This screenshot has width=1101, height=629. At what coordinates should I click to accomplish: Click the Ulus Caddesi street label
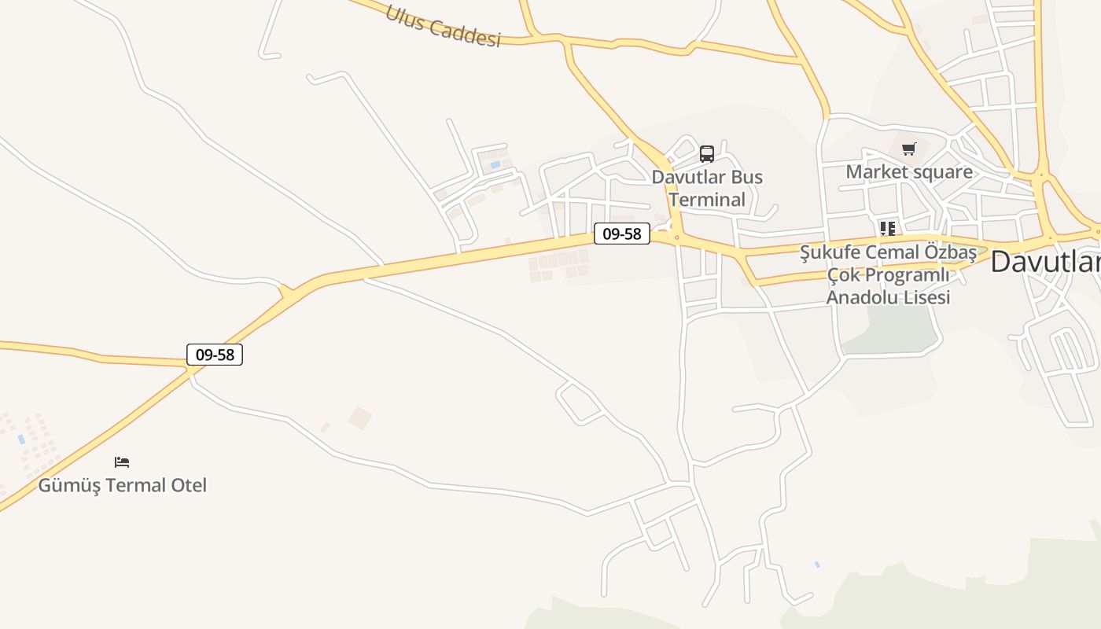click(443, 27)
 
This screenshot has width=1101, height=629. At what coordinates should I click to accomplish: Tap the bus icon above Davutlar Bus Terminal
click(707, 153)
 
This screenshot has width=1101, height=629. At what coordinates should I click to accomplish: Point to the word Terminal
click(707, 200)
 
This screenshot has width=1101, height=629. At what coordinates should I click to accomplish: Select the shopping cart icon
click(909, 149)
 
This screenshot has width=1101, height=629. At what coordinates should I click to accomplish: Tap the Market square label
click(909, 171)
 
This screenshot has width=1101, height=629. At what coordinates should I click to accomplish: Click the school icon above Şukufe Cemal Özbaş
click(888, 229)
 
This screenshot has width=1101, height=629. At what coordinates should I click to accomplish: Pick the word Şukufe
click(830, 252)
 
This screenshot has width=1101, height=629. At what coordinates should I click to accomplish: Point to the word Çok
click(842, 275)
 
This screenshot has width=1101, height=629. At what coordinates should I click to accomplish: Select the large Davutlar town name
click(1044, 262)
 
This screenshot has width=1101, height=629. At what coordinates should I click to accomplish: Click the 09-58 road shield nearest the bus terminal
click(621, 234)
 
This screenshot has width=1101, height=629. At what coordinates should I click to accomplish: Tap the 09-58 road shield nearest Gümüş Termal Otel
click(215, 355)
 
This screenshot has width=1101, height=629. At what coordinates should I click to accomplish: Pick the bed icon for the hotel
click(122, 462)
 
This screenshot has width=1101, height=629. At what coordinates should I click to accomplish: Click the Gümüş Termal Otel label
click(123, 485)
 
